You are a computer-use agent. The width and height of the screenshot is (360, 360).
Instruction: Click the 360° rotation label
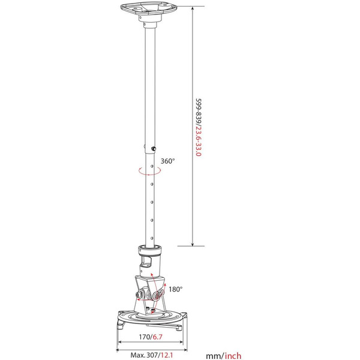[x=167, y=161]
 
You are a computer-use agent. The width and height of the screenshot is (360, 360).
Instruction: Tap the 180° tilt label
[x=175, y=289]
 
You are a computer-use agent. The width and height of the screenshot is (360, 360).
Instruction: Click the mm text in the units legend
[x=214, y=356]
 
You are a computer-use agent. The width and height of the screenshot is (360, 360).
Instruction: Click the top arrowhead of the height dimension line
[x=193, y=8]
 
